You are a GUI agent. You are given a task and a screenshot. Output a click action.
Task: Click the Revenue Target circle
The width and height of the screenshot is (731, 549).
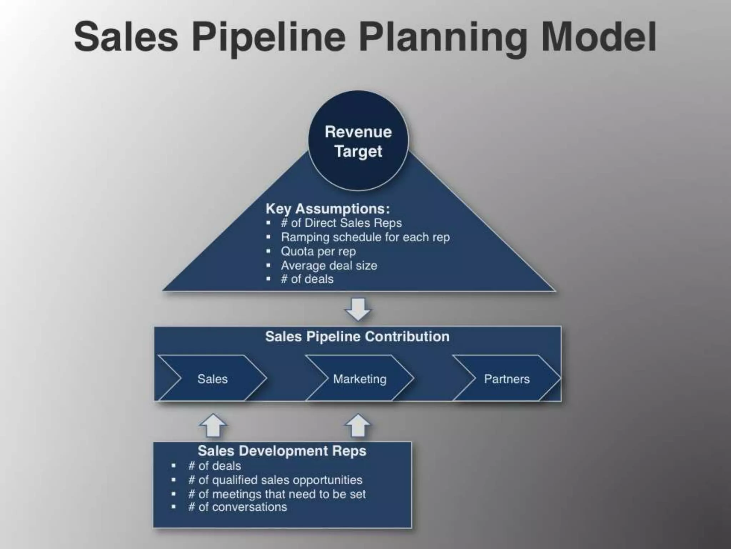click(x=358, y=141)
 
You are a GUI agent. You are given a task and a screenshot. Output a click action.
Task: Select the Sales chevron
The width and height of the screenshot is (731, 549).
click(x=212, y=379)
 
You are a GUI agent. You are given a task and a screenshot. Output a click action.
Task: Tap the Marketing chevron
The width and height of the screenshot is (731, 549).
click(x=359, y=379)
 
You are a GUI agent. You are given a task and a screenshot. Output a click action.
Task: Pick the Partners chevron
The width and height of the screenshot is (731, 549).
click(x=506, y=379)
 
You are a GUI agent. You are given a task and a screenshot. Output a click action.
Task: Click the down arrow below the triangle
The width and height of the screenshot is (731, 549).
click(x=358, y=309)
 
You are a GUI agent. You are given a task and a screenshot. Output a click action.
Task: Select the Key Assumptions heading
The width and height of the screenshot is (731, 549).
click(x=328, y=209)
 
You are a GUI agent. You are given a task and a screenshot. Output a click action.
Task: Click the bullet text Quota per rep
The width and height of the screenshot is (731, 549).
click(x=318, y=251)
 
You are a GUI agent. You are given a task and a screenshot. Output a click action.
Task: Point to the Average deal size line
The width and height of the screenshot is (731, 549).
click(x=329, y=266)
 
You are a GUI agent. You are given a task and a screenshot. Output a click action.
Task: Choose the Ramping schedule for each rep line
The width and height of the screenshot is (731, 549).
click(x=365, y=237)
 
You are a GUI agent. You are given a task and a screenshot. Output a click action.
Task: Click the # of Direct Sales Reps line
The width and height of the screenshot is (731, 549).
click(x=341, y=223)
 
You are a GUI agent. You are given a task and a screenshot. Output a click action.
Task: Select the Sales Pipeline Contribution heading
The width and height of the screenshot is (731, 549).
click(x=357, y=337)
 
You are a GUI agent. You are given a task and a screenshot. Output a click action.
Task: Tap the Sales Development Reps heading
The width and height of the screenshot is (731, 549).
click(x=282, y=451)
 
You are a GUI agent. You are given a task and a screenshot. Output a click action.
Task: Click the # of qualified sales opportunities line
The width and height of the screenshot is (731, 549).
click(x=275, y=480)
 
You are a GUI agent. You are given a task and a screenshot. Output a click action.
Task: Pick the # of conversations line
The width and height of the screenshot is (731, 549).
click(x=237, y=507)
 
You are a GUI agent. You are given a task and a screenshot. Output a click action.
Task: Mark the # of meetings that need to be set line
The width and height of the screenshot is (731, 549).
click(x=277, y=494)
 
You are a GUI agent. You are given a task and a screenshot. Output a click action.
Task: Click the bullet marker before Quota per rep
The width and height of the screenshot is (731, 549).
click(x=268, y=251)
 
